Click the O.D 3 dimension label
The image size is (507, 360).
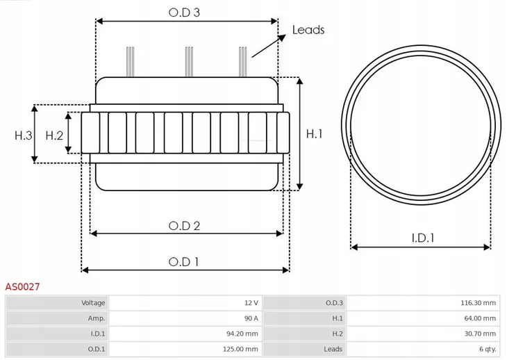pyautogui.click(x=187, y=12)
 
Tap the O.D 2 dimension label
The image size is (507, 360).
pyautogui.click(x=185, y=225)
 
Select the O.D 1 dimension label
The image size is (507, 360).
pyautogui.click(x=184, y=261)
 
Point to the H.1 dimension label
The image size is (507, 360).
pyautogui.click(x=314, y=134)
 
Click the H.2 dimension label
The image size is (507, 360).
pyautogui.click(x=54, y=136)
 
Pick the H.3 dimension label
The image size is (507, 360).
pyautogui.click(x=24, y=136)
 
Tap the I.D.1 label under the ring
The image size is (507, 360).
pyautogui.click(x=422, y=238)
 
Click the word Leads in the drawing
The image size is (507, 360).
pyautogui.click(x=308, y=30)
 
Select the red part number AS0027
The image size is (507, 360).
pyautogui.click(x=22, y=286)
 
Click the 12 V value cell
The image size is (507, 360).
pyautogui.click(x=251, y=303)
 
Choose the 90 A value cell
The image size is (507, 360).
pyautogui.click(x=251, y=318)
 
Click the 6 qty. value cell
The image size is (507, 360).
pyautogui.click(x=487, y=349)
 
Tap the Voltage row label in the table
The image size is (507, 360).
pyautogui.click(x=93, y=303)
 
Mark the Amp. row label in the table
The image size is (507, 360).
pyautogui.click(x=97, y=318)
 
